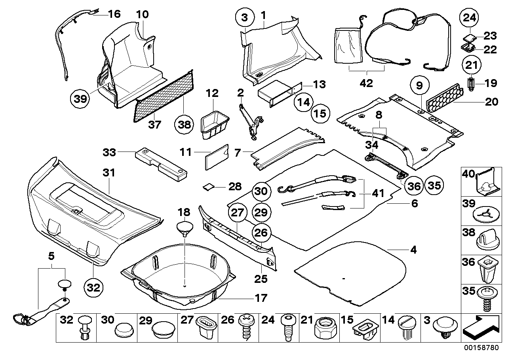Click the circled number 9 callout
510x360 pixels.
pos(419,84)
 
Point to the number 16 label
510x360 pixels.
pos(114,15)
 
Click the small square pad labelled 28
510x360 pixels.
pos(208,186)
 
